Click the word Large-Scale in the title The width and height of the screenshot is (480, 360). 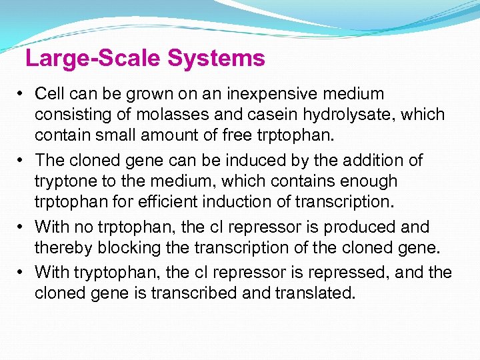coord(93,59)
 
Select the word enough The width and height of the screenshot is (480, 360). coord(365,181)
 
